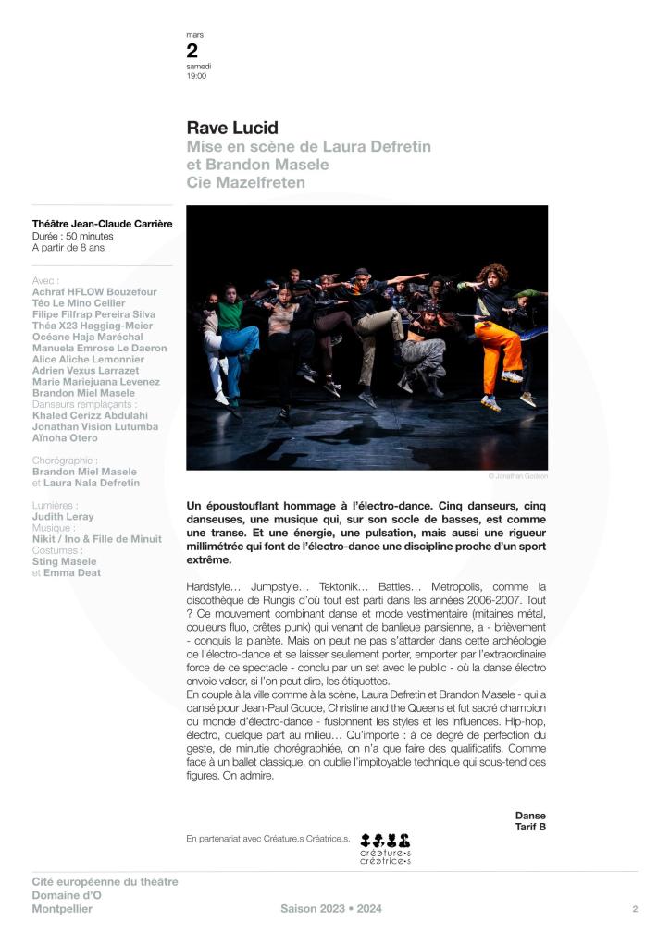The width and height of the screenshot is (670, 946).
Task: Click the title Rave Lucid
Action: (x=232, y=128)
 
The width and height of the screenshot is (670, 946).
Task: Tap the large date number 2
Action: (x=192, y=52)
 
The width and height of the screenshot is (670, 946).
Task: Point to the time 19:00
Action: (x=196, y=76)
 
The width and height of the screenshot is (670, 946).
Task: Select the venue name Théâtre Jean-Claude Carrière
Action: (x=102, y=223)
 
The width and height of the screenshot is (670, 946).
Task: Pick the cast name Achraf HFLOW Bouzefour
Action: (x=94, y=292)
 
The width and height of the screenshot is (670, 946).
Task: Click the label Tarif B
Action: (x=530, y=827)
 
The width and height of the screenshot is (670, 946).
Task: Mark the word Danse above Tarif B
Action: (x=530, y=815)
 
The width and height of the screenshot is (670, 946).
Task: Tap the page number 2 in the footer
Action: (x=635, y=909)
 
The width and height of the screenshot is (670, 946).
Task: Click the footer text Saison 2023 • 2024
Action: (x=331, y=909)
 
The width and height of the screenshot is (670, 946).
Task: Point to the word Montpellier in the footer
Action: (x=62, y=909)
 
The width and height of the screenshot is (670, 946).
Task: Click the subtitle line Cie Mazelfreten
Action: (x=246, y=183)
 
